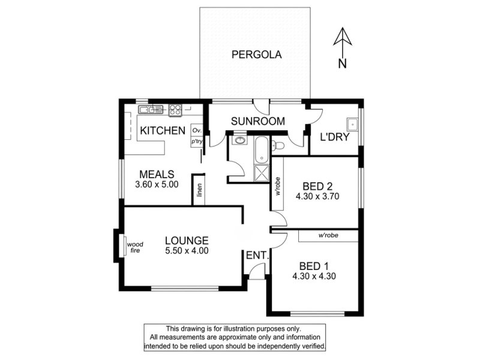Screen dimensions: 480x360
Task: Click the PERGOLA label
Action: pos(257,55)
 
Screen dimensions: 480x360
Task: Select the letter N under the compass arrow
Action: pos(343,64)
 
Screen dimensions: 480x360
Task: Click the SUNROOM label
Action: pos(258,121)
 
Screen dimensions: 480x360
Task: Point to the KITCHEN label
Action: pos(163,131)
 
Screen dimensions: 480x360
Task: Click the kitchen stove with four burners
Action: pos(175,110)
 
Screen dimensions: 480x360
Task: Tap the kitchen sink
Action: pos(151,109)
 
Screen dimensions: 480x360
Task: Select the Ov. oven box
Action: pos(197,130)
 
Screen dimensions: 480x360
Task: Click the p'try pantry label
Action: pos(197,142)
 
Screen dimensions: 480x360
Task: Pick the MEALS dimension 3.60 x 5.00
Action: pos(157,184)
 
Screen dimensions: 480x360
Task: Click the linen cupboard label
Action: pos(199,190)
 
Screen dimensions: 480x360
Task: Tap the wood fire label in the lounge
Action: pos(135,247)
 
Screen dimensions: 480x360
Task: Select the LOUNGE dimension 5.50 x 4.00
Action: pos(187,250)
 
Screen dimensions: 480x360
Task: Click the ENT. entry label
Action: pos(257,256)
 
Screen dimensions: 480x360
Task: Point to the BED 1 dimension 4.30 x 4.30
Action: pos(314,276)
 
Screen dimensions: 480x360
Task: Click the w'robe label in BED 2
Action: pos(278,186)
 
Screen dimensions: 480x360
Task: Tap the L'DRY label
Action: pos(335,137)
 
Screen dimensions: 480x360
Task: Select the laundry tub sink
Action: pos(352,124)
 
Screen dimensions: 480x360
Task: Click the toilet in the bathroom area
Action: pos(278,145)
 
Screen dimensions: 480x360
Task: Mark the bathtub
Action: pos(262,150)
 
